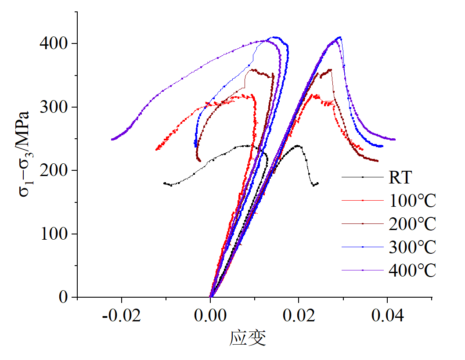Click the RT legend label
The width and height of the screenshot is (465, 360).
tap(400, 178)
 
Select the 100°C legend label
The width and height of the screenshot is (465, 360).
tap(412, 201)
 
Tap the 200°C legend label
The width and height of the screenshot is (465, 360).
tap(412, 224)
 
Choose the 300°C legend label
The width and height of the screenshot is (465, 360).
tap(412, 247)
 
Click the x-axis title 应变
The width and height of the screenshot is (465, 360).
tap(248, 338)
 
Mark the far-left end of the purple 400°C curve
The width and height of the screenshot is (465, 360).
tap(112, 139)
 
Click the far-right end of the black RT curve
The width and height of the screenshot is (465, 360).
tap(317, 183)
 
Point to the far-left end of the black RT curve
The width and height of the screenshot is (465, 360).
tap(164, 183)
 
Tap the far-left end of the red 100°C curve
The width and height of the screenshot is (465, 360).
tap(156, 150)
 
